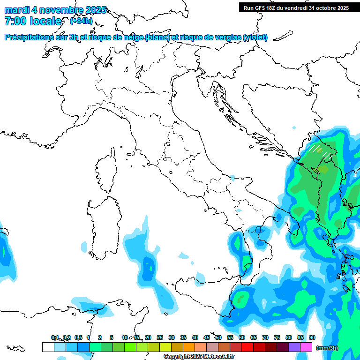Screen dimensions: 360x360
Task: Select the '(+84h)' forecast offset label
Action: (x=81, y=21)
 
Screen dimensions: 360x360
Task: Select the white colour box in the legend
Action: (x=48, y=347)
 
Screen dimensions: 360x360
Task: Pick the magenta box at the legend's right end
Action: (x=306, y=347)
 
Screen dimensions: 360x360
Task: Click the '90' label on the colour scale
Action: (x=312, y=337)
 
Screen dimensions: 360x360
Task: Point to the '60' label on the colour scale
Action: (x=242, y=337)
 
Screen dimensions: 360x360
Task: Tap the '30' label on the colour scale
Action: (x=172, y=337)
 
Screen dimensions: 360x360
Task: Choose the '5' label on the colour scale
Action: (x=112, y=337)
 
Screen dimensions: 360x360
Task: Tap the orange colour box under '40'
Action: (x=189, y=347)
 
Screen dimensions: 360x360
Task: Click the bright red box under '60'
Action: (x=247, y=347)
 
